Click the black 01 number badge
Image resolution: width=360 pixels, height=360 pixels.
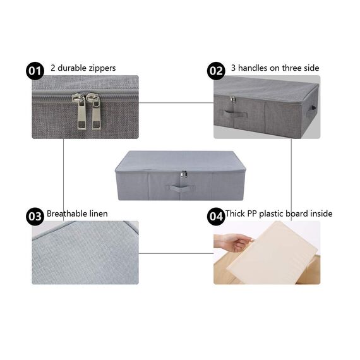point(34,70)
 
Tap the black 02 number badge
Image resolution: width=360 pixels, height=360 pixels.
point(216,70)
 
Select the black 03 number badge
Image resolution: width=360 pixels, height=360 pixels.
point(34,216)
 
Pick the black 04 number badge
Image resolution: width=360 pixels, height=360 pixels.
point(216,216)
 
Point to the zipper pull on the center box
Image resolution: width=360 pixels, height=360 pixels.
point(184,174)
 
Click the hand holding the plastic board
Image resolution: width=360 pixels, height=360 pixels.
point(231,242)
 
